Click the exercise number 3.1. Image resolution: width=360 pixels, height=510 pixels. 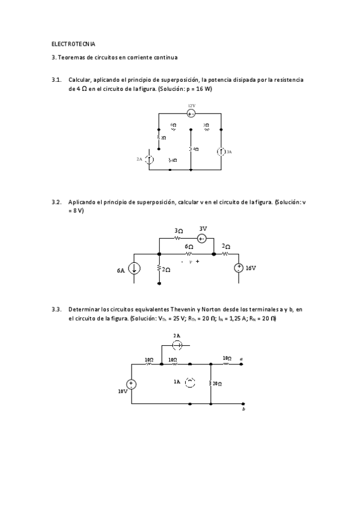pos(56,79)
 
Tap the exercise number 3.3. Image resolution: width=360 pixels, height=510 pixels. pos(56,309)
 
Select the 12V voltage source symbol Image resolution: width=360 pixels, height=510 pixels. pos(191,113)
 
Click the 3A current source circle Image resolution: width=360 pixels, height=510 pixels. pos(221,152)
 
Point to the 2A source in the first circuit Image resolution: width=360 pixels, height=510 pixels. pos(150,159)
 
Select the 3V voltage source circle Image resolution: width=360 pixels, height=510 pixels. pos(203,238)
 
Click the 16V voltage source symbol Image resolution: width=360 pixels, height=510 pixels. pos(239,269)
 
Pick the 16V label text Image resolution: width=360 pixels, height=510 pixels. pos(251,269)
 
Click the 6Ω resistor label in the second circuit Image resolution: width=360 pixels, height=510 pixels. pos(189,247)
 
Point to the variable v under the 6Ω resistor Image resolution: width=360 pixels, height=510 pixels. pos(190,262)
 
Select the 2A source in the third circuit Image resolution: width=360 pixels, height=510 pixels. pos(177,345)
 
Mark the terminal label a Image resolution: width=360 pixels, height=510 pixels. pos(241,359)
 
